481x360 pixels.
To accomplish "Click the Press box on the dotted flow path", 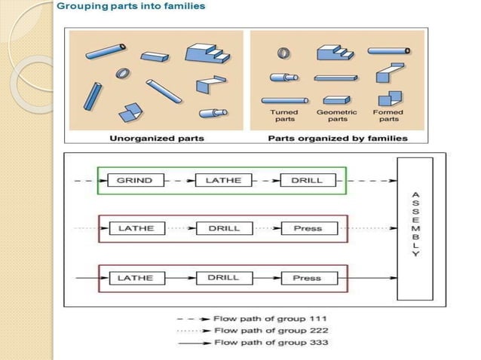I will [x=307, y=228].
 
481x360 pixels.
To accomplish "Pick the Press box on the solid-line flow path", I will [x=307, y=278].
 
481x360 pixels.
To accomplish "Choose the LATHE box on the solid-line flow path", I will [x=135, y=278].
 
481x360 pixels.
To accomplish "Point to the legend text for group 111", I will [x=270, y=319].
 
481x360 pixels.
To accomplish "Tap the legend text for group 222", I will [x=270, y=330].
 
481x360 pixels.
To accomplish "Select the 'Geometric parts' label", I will [x=337, y=116].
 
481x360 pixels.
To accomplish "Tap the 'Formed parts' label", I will [x=388, y=116].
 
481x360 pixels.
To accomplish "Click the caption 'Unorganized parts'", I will [x=156, y=139].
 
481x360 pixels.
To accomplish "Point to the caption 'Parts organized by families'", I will [x=337, y=139].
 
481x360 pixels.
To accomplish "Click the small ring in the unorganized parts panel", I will [x=121, y=74].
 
